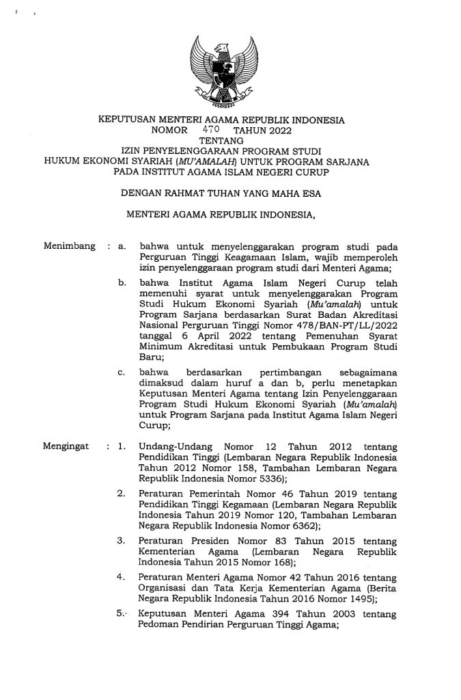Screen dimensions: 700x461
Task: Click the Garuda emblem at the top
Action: coord(221,73)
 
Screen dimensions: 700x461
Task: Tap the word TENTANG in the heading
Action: coord(221,139)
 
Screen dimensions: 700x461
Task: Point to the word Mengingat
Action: coord(67,447)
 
